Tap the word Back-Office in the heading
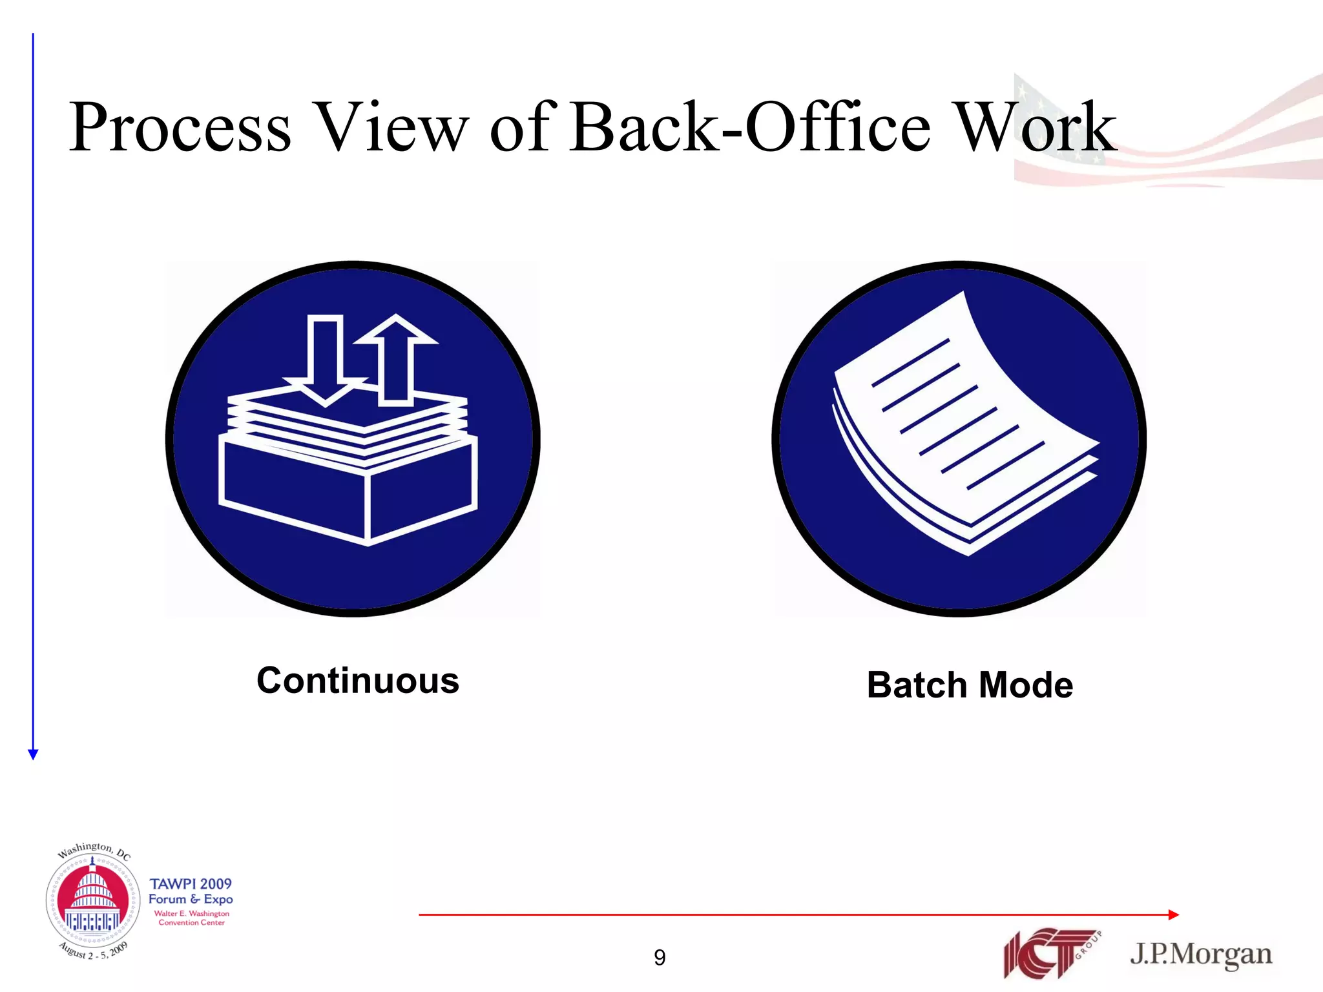tap(749, 128)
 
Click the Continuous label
tap(358, 681)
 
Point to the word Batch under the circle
tap(917, 685)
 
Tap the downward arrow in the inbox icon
tap(325, 362)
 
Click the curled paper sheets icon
tap(963, 426)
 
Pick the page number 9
tap(660, 957)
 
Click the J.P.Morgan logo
tap(1201, 954)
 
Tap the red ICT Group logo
tap(1050, 953)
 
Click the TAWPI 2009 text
tap(191, 883)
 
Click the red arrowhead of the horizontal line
tap(1174, 914)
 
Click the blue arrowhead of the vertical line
tap(34, 754)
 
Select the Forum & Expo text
tap(191, 899)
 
